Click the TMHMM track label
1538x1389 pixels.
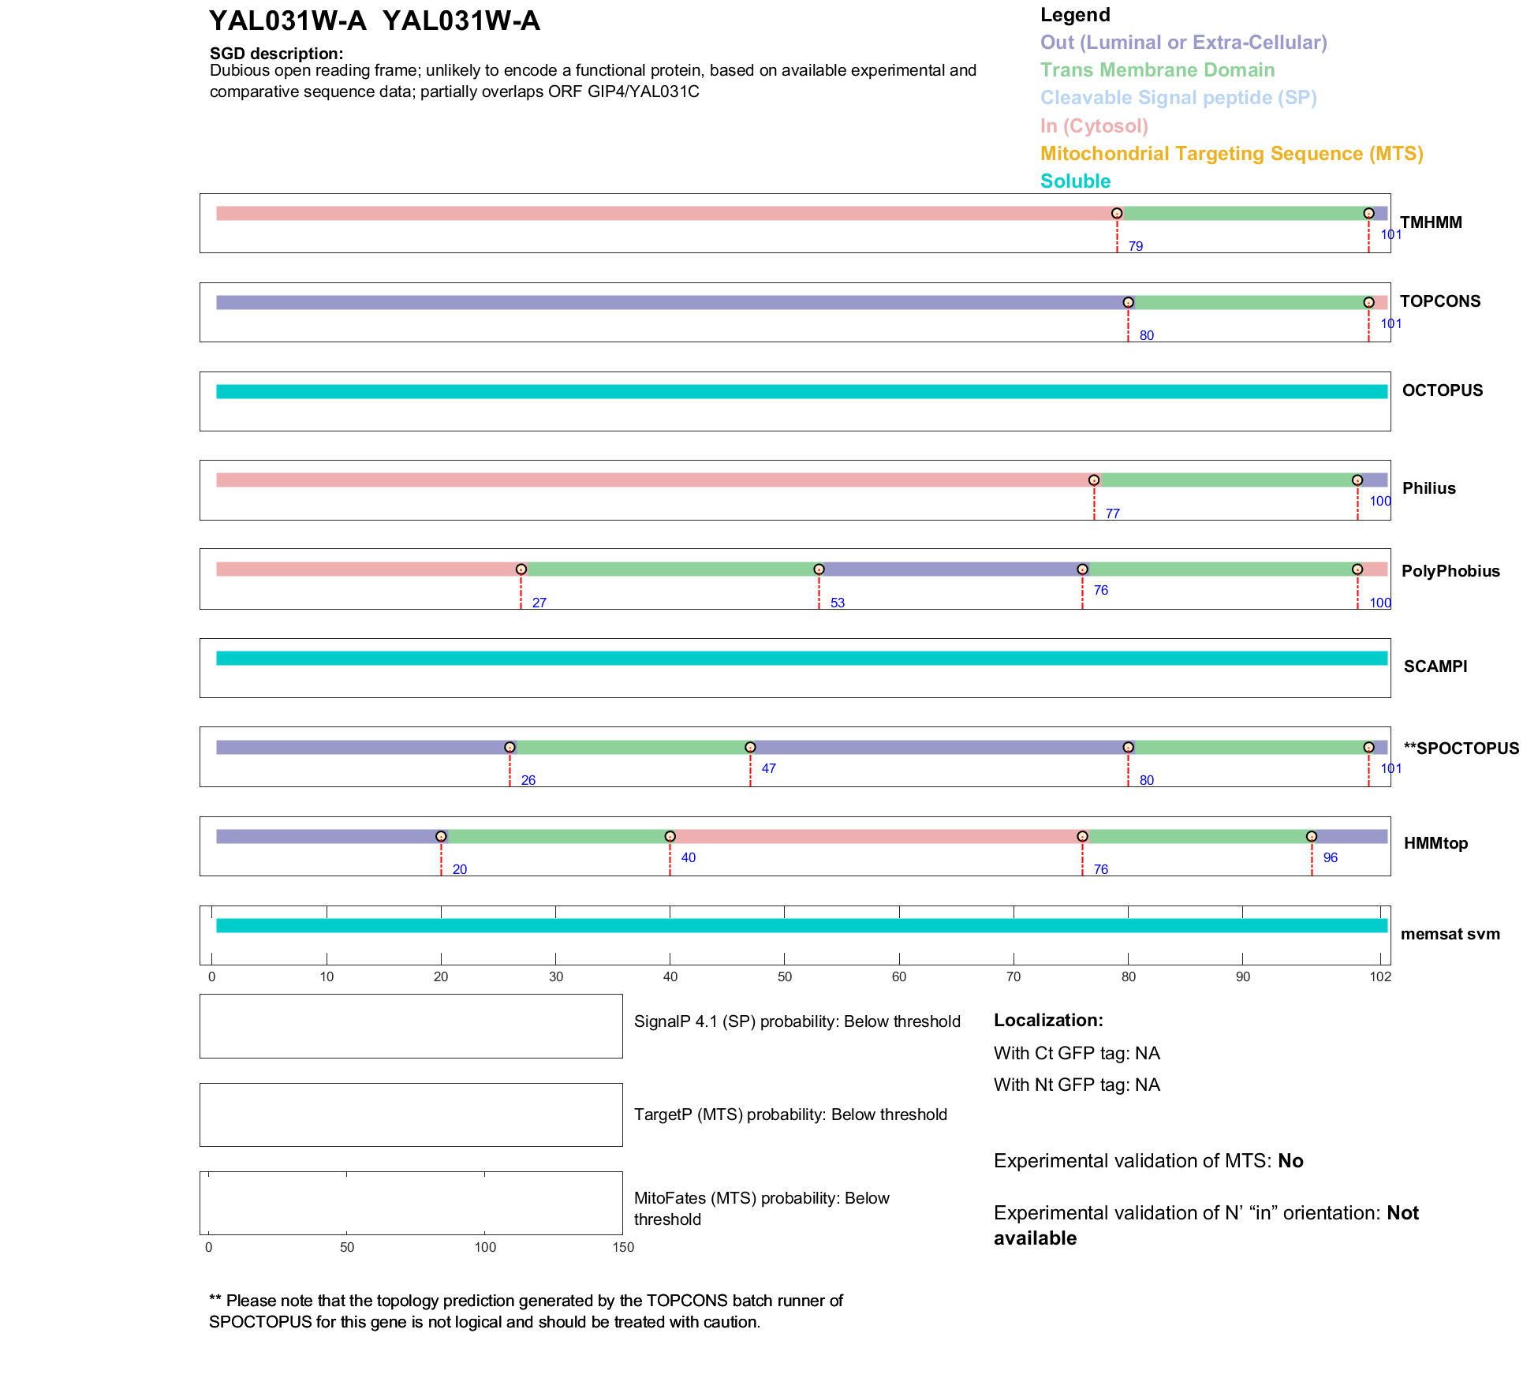[x=1430, y=222]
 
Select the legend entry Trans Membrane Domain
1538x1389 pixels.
[x=1157, y=70]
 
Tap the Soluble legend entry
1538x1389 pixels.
[x=1075, y=181]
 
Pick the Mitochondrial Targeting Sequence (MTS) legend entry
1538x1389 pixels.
[x=1231, y=154]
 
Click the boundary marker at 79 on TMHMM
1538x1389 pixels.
[x=1117, y=214]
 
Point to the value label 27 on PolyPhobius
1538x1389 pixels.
[x=539, y=603]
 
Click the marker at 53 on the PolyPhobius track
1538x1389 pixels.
[x=819, y=569]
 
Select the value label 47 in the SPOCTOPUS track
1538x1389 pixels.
[x=769, y=768]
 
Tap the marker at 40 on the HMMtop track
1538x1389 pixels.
[x=670, y=836]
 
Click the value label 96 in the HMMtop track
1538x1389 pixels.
[x=1331, y=857]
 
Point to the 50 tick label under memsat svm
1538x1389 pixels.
[x=785, y=977]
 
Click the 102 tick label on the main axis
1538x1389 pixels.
[x=1380, y=977]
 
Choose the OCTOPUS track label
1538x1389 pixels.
[x=1442, y=390]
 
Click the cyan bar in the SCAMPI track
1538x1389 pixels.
[x=801, y=658]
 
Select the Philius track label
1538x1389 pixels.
[x=1428, y=488]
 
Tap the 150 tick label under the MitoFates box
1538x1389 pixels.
[x=623, y=1247]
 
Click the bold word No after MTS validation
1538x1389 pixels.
[x=1290, y=1161]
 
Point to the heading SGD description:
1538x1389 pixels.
[x=276, y=54]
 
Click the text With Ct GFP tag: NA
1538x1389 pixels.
[x=1077, y=1054]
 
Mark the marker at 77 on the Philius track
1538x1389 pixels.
[x=1094, y=480]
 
